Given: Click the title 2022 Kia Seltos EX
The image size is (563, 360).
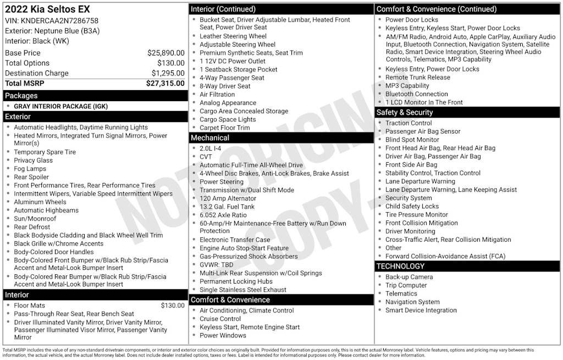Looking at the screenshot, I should click(47, 9).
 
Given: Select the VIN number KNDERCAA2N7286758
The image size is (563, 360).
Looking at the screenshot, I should click(65, 21).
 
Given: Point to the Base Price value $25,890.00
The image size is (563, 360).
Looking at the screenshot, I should click(165, 53).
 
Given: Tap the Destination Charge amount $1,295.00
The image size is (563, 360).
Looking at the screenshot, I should click(168, 73).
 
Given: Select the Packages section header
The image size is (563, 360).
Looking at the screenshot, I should click(21, 96).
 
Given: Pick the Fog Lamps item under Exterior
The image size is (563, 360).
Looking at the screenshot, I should click(30, 169).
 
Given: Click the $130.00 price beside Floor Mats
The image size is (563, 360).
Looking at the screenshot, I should click(173, 306).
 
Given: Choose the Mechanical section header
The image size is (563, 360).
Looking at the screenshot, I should click(209, 137).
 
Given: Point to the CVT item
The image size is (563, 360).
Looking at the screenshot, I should click(206, 157).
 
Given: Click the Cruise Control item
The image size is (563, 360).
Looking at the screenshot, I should click(220, 319).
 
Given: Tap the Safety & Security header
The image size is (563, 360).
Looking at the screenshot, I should click(405, 112).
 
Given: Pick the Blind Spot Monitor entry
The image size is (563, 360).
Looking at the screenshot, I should click(412, 140).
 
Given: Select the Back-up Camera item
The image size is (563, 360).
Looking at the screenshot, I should click(409, 277).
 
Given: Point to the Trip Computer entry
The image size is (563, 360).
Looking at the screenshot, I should click(406, 285).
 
